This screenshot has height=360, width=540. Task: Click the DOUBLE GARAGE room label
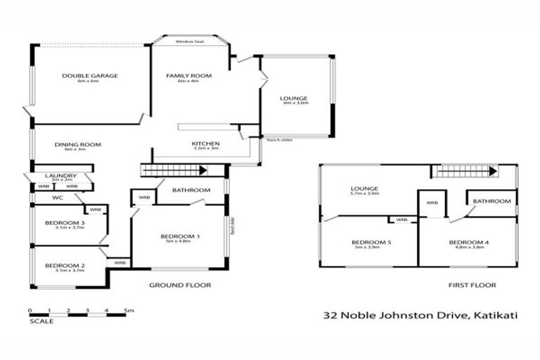[x=89, y=75]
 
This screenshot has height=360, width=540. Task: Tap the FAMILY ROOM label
[x=188, y=75]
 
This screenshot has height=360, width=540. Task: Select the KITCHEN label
[x=206, y=143]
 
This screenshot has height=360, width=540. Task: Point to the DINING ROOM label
[x=78, y=144]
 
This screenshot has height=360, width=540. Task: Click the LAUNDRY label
[x=59, y=175]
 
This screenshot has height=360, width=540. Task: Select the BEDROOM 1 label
[x=180, y=236]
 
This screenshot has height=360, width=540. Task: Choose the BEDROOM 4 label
[x=468, y=243]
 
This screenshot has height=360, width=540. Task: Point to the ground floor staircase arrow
[x=202, y=170]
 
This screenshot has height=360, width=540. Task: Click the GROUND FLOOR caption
[x=180, y=285]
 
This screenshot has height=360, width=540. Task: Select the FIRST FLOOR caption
[x=472, y=285]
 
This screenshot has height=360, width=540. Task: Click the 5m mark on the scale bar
[x=129, y=309]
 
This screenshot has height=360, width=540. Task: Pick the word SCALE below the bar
[x=41, y=322]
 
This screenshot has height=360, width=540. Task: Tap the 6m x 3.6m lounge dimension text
[x=295, y=103]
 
